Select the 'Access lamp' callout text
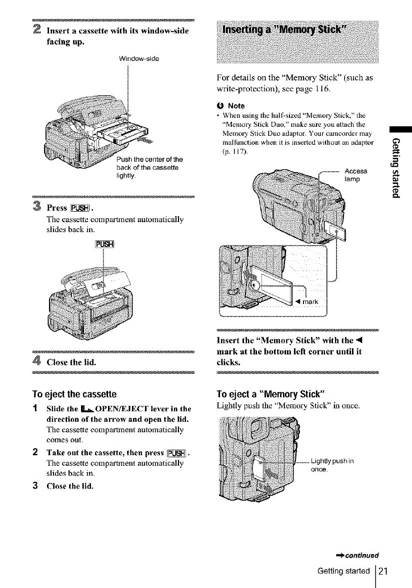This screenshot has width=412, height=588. pyautogui.click(x=356, y=175)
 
